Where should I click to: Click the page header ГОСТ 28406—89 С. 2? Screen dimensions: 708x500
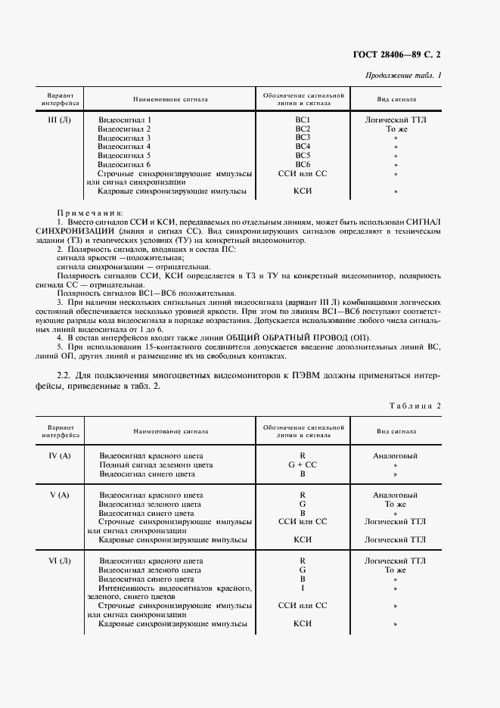tap(396, 54)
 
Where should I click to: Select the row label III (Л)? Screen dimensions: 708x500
tap(59, 120)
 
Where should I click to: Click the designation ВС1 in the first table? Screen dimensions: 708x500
tap(303, 120)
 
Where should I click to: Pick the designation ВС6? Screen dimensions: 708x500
tap(303, 164)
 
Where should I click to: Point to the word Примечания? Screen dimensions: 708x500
tap(89, 213)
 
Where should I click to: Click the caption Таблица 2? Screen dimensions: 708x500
tap(415, 405)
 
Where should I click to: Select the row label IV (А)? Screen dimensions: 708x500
tap(59, 456)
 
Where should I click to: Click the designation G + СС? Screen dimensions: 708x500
tap(303, 465)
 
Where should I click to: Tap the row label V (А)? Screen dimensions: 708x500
tap(59, 495)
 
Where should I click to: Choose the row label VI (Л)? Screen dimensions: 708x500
tap(59, 561)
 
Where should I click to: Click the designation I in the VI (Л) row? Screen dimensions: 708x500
tap(303, 588)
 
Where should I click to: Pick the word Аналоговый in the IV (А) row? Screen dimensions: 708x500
tap(395, 456)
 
